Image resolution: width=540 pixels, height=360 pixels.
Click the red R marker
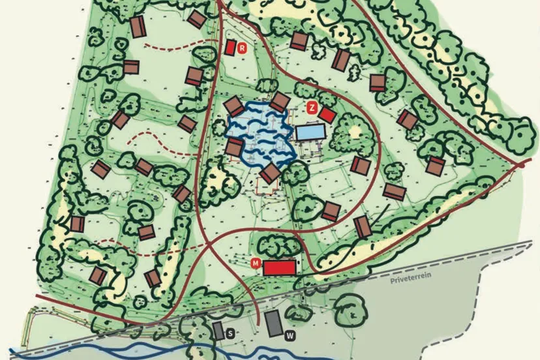(242, 48)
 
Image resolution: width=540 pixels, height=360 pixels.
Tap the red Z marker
(312, 108)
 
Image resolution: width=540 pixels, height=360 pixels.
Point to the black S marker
(230, 333)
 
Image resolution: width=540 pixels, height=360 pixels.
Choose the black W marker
(289, 335)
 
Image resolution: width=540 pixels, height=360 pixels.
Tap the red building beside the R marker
(230, 48)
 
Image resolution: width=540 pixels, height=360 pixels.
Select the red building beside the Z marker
(327, 115)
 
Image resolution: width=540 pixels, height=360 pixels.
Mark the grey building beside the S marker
(218, 330)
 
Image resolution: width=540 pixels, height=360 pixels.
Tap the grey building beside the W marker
(273, 323)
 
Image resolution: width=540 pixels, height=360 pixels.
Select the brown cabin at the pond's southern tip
(271, 173)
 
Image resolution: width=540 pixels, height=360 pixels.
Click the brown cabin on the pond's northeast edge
(280, 102)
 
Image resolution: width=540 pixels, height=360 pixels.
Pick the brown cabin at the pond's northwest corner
(233, 106)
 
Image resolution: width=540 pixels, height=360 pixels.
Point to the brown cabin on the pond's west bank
(234, 147)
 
